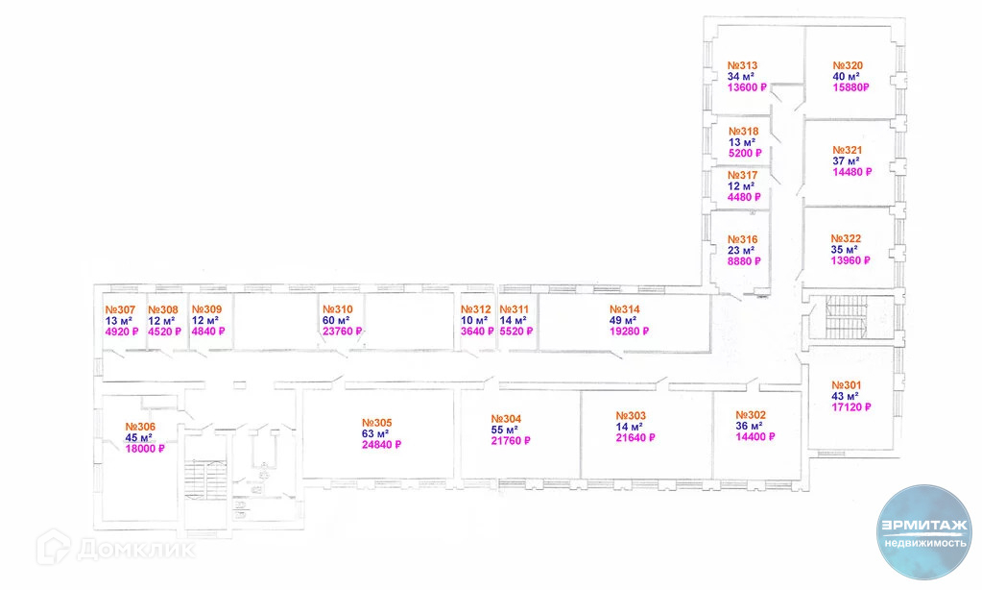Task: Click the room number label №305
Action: click(376, 423)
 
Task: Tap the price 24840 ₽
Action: click(381, 445)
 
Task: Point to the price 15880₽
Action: click(850, 88)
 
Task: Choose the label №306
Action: click(140, 427)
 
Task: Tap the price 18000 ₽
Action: click(145, 449)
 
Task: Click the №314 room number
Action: click(624, 309)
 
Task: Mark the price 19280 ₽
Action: click(629, 332)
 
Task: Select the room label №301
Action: click(847, 384)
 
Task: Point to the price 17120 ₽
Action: click(851, 406)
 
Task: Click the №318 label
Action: click(743, 132)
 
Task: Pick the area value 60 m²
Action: click(335, 320)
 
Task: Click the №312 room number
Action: click(475, 309)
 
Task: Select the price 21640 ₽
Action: click(635, 438)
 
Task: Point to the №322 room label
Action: click(846, 238)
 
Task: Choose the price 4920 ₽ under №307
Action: click(122, 332)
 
